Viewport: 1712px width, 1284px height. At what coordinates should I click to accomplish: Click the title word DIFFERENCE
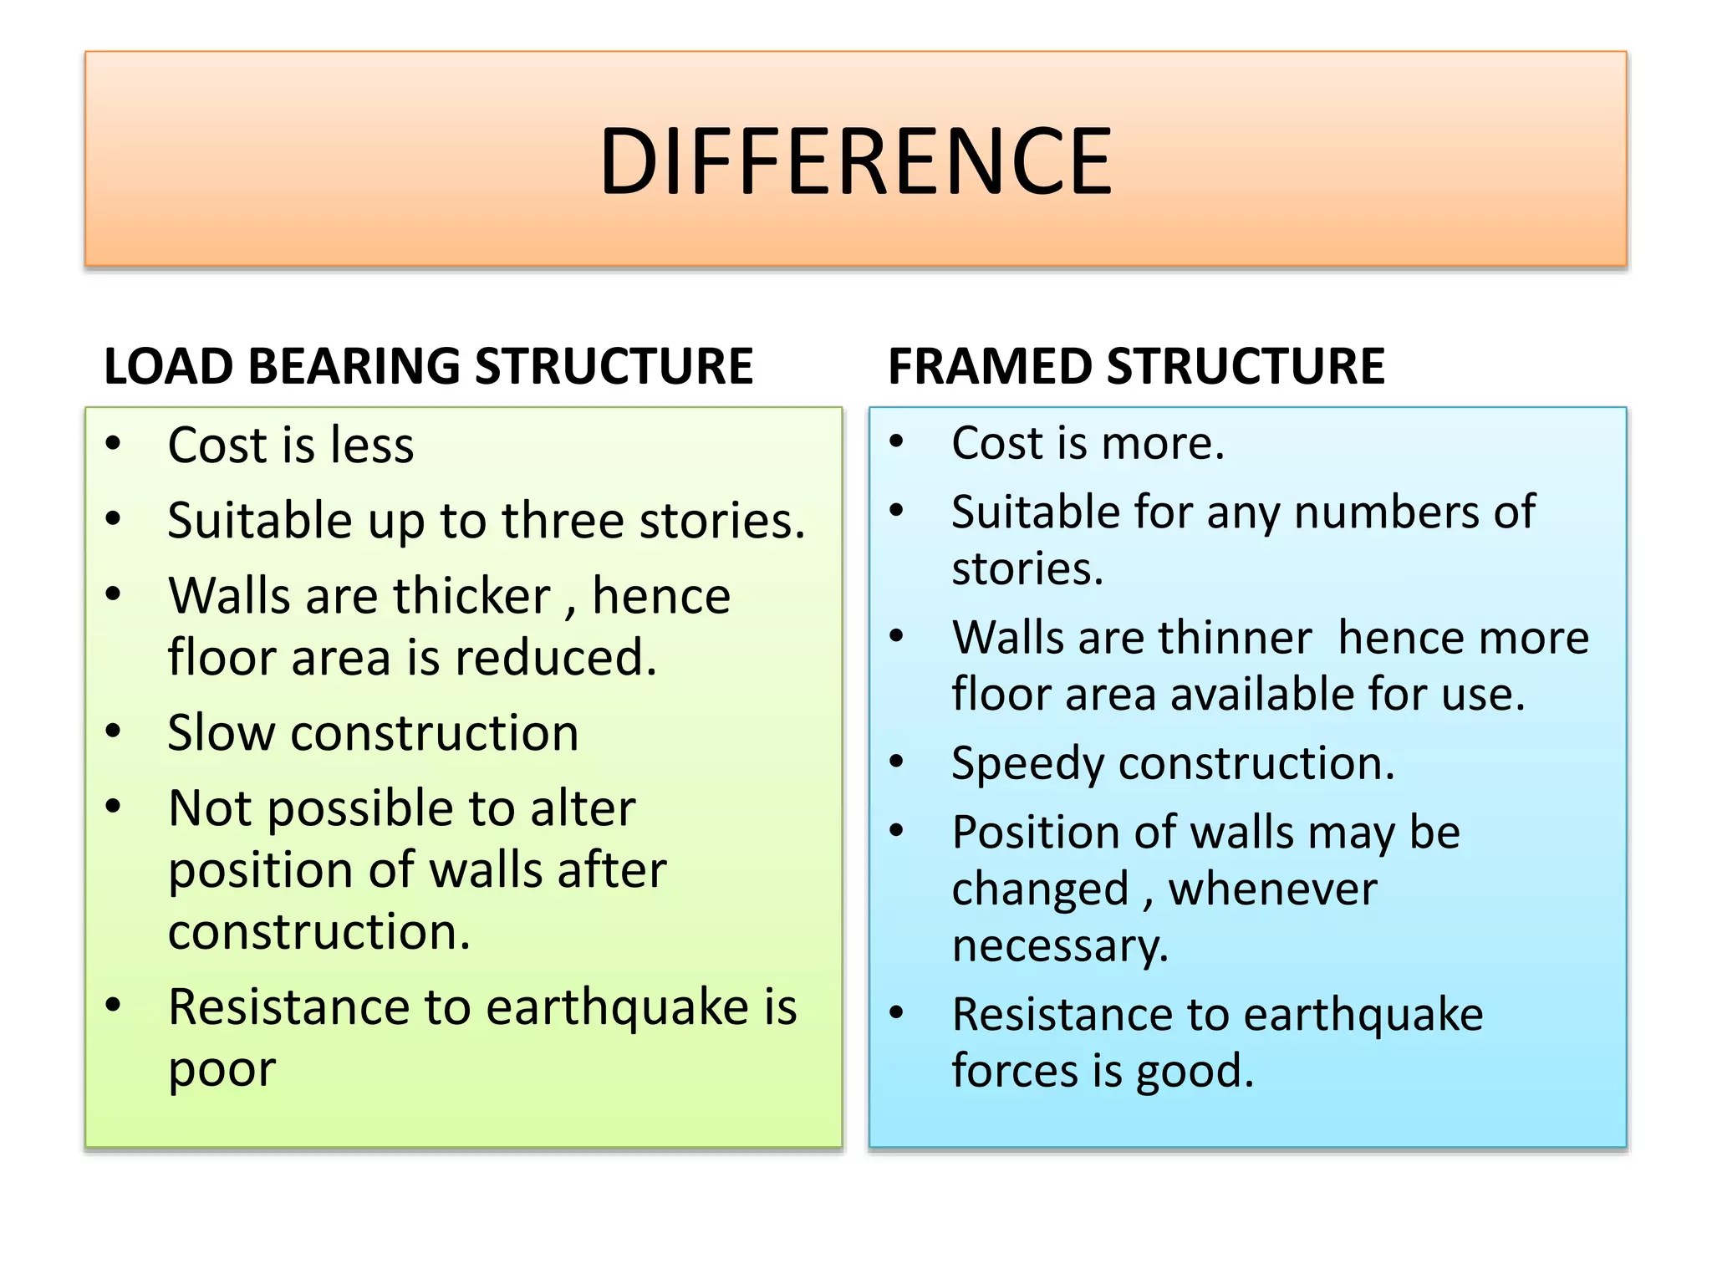[x=855, y=161]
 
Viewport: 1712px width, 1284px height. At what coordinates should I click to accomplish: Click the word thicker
[x=471, y=597]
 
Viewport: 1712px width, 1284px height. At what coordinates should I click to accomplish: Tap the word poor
[x=222, y=1069]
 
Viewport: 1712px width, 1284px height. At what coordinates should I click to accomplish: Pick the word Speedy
[x=1027, y=764]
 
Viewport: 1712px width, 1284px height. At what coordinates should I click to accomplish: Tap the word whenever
[x=1271, y=889]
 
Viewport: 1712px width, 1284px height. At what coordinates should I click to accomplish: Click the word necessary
[x=1058, y=946]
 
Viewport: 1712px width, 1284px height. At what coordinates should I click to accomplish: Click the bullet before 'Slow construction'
[x=114, y=731]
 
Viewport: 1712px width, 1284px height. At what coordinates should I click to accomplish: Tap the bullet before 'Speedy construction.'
[x=897, y=762]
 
